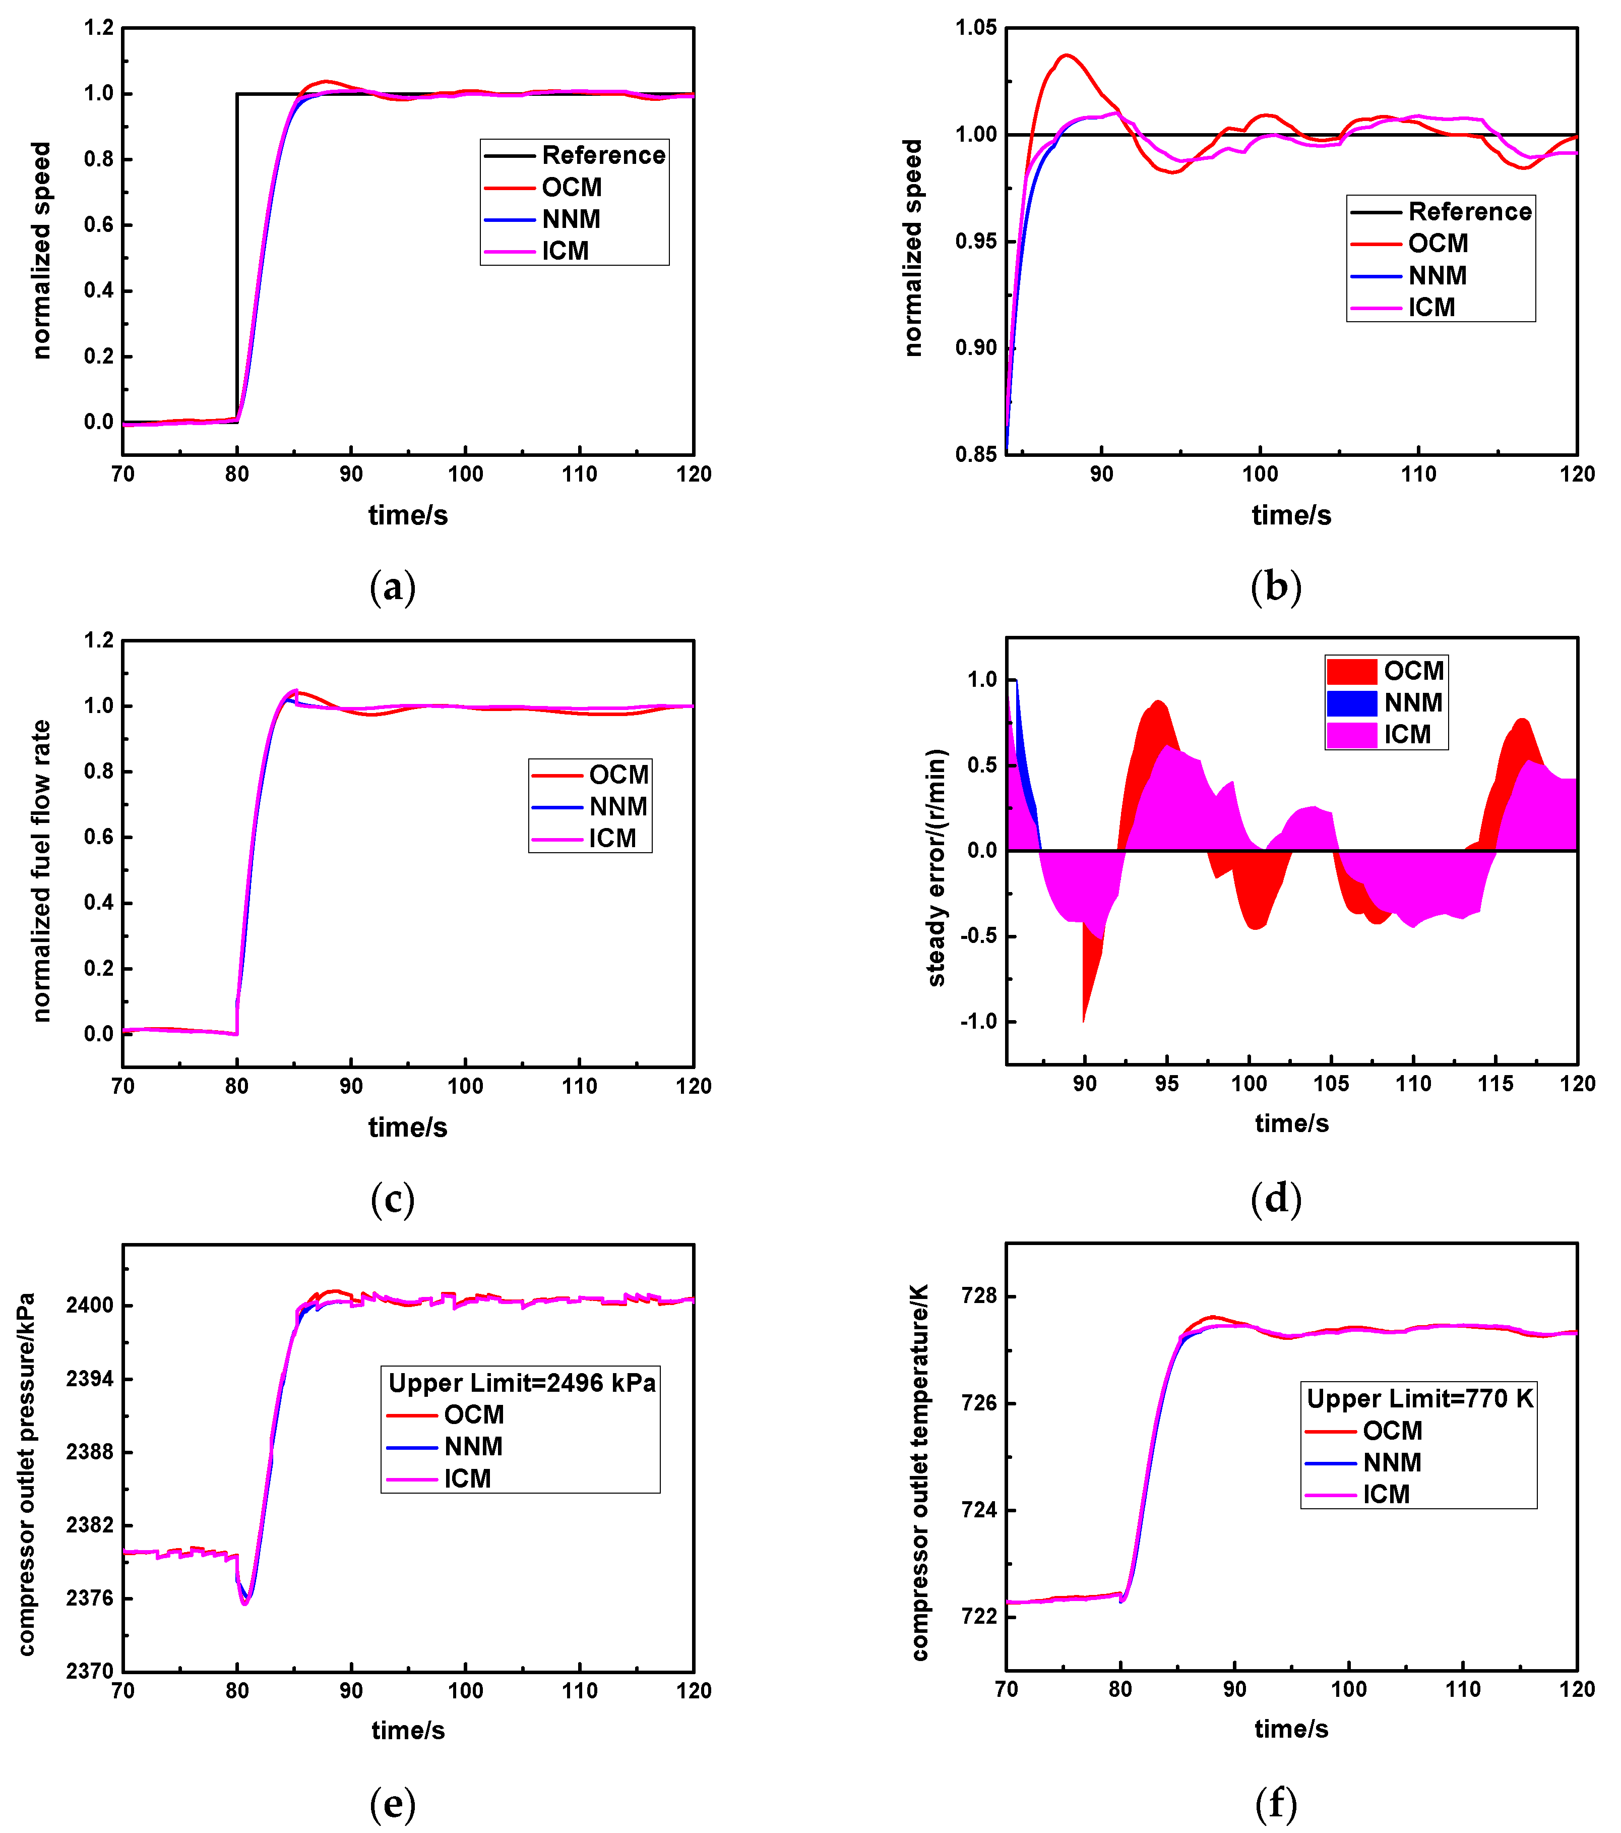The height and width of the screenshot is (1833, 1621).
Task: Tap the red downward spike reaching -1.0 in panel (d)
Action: (x=1084, y=1019)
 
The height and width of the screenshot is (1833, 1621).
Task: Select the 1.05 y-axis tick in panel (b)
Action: (x=975, y=28)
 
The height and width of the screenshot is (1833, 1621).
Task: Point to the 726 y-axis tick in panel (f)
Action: (x=978, y=1403)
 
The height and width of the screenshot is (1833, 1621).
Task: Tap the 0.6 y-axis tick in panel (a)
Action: (x=99, y=225)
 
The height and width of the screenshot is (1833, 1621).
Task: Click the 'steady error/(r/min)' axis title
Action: (x=936, y=867)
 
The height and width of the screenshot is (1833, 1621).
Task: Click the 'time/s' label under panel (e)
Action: (x=408, y=1730)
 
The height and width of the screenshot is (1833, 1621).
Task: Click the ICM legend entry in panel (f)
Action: (x=1385, y=1494)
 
